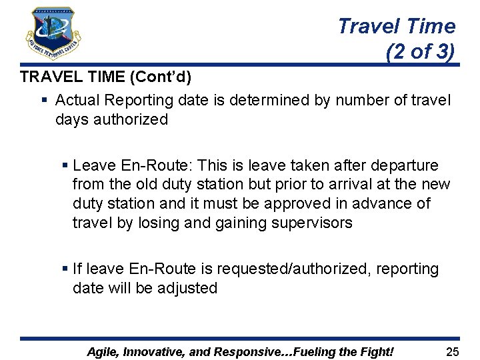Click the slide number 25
pyautogui.click(x=452, y=351)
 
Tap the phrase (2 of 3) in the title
pyautogui.click(x=420, y=51)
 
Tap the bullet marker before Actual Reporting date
pyautogui.click(x=44, y=101)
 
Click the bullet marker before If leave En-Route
pyautogui.click(x=64, y=269)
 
